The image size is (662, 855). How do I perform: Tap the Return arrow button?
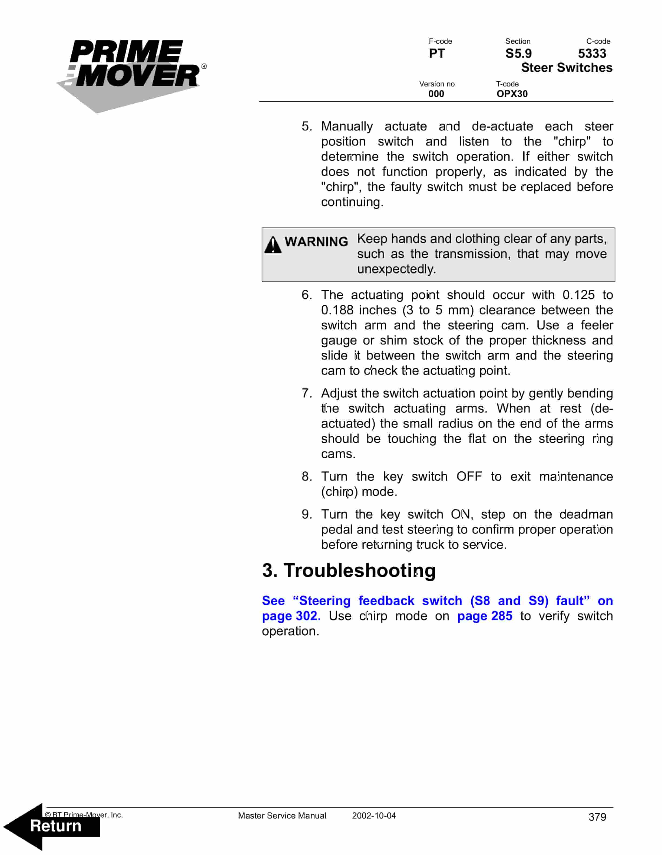(x=55, y=826)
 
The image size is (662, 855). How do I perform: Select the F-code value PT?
(x=437, y=54)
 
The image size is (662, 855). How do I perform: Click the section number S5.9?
(x=518, y=54)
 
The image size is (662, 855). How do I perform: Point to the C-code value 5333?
(x=592, y=54)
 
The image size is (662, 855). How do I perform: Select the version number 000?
(x=436, y=94)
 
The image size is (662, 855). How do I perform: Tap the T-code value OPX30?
(x=512, y=94)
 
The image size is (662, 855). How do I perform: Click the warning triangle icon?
(x=273, y=245)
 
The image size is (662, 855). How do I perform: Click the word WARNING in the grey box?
(x=316, y=242)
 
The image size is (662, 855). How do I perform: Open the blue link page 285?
(x=485, y=616)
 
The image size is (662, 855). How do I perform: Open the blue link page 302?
(x=291, y=616)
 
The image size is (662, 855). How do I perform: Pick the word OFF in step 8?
(x=469, y=476)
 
